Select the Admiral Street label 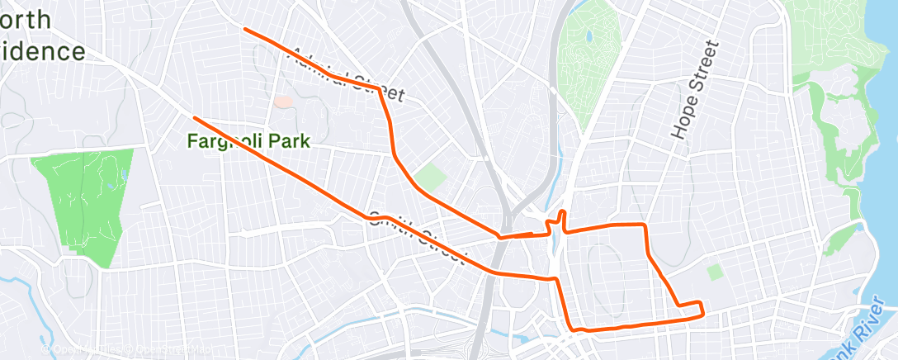pyautogui.click(x=347, y=75)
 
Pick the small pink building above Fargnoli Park pyautogui.click(x=283, y=102)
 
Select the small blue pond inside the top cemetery pyautogui.click(x=588, y=38)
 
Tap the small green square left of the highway pyautogui.click(x=429, y=176)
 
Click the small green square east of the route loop pyautogui.click(x=713, y=272)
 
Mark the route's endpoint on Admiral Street pyautogui.click(x=244, y=30)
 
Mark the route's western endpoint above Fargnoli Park pyautogui.click(x=194, y=117)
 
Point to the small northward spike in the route pyautogui.click(x=561, y=215)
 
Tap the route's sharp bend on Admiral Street pyautogui.click(x=379, y=88)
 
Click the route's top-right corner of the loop pyautogui.click(x=643, y=225)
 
